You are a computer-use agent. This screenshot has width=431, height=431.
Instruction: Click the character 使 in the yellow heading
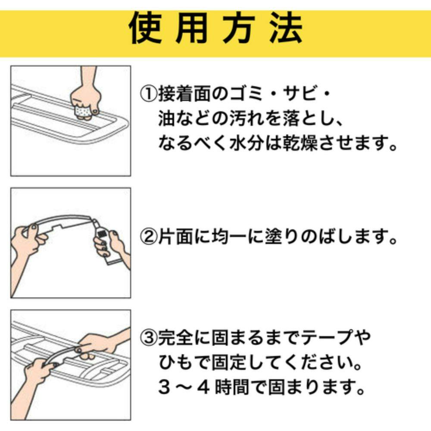click(145, 28)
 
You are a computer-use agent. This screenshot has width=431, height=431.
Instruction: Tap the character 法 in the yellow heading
click(286, 28)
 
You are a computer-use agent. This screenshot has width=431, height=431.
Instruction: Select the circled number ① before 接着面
click(149, 94)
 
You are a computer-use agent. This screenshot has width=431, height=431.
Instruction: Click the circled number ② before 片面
click(149, 237)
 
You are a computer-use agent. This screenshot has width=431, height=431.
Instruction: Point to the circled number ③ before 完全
click(149, 337)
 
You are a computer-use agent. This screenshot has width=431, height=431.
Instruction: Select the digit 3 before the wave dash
click(164, 387)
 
